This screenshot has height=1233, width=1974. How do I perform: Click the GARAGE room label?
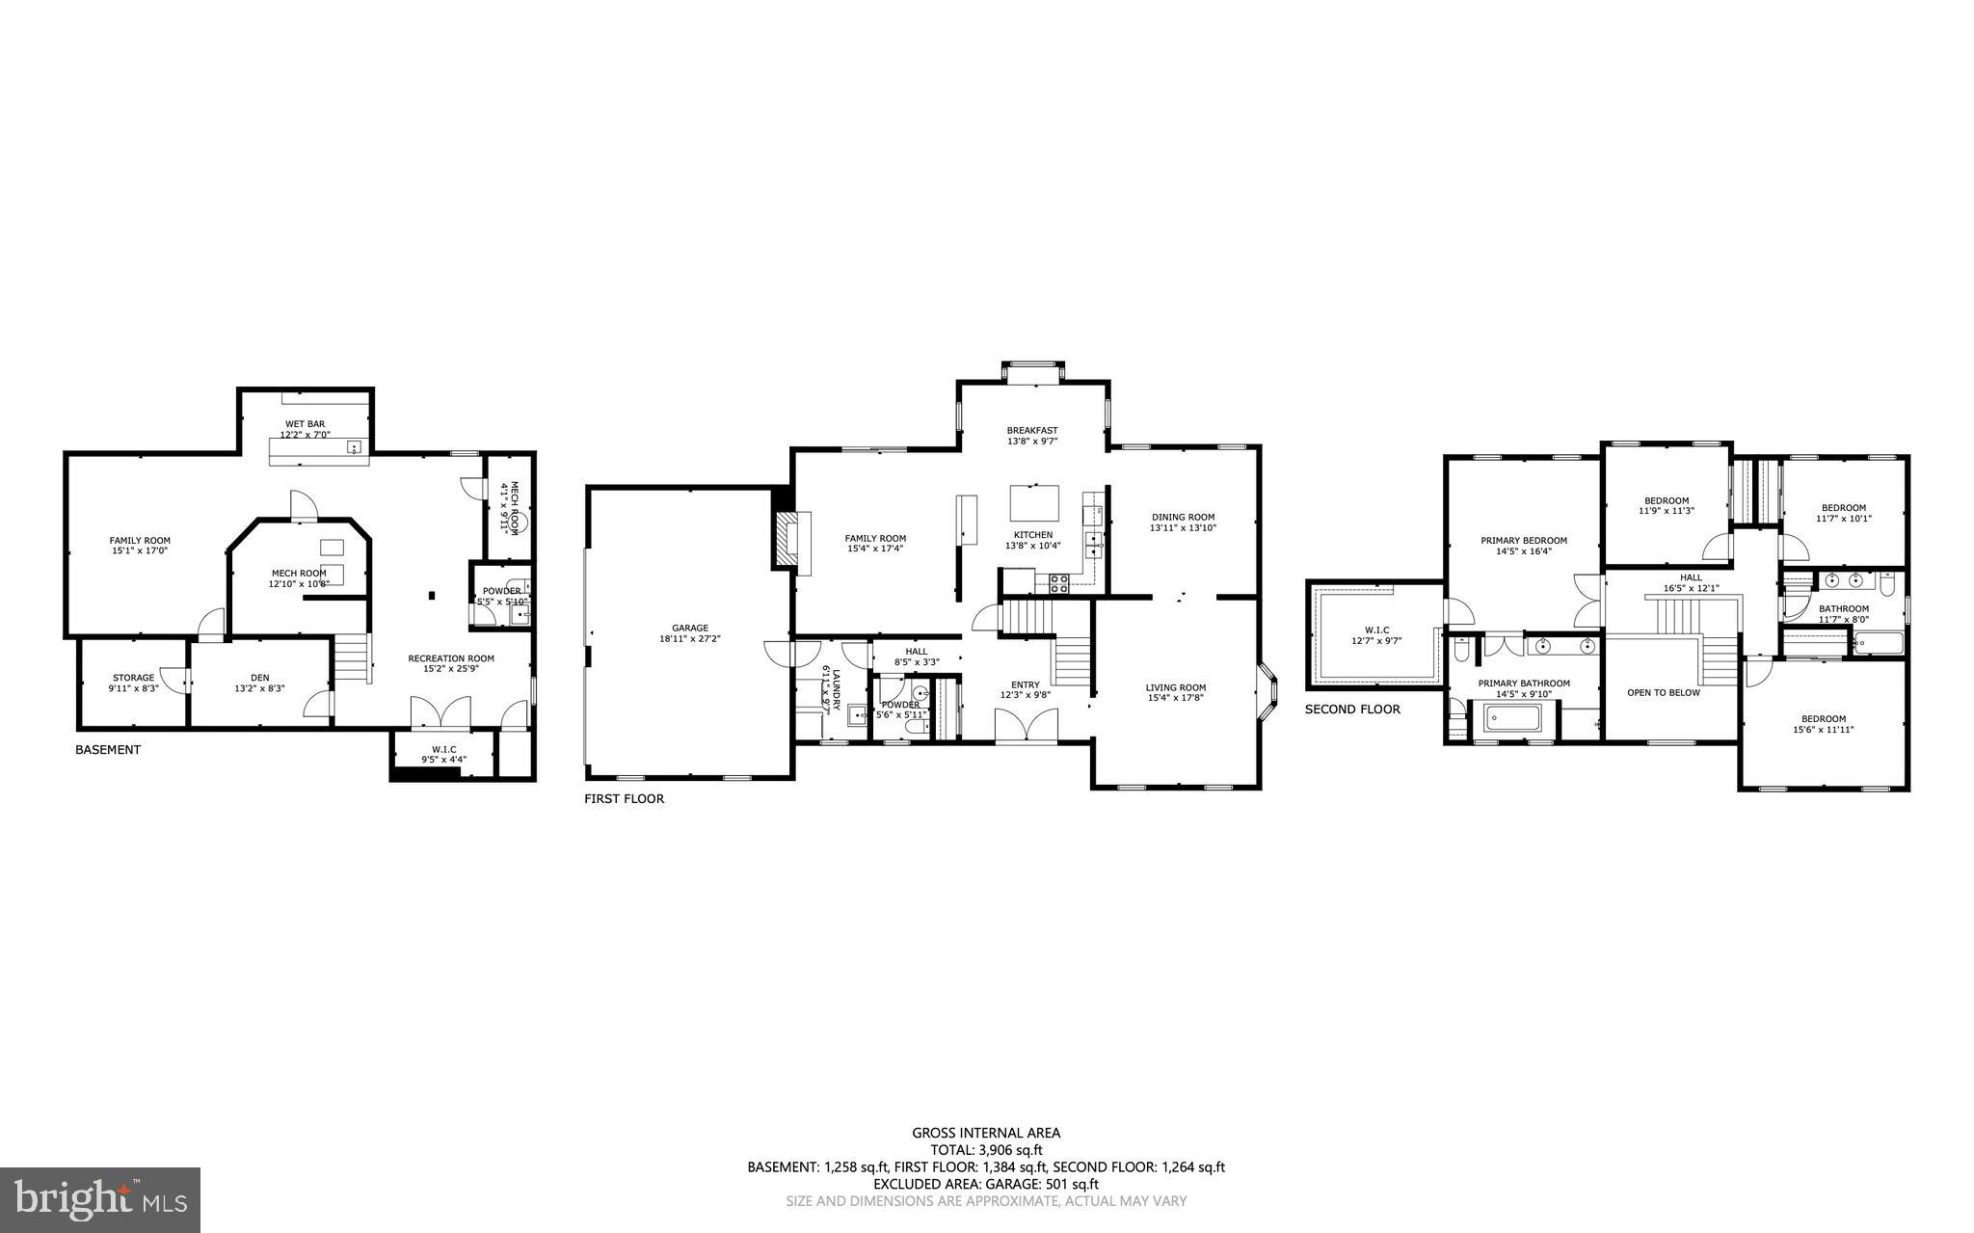point(689,628)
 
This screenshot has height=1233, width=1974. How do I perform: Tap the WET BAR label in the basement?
point(304,424)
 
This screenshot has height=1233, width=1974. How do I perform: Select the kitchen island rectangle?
point(1033,502)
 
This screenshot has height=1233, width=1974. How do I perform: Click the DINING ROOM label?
point(1182,517)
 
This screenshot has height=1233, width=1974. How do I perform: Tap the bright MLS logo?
point(100,1199)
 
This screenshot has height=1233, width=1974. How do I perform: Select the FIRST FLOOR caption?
point(624,798)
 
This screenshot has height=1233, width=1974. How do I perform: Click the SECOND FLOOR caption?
point(1352,709)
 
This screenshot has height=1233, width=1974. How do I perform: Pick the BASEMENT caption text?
point(108,749)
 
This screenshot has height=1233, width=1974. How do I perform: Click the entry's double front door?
point(1027,725)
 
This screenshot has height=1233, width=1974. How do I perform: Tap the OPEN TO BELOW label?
point(1663,692)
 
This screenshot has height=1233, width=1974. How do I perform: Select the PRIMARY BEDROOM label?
point(1523,541)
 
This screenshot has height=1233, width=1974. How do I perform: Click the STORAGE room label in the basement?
point(133,678)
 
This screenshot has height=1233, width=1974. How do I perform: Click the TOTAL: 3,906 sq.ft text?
point(986,1149)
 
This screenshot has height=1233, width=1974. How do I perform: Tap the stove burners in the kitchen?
point(1058,581)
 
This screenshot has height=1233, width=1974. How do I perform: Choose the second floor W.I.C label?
point(1375,630)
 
